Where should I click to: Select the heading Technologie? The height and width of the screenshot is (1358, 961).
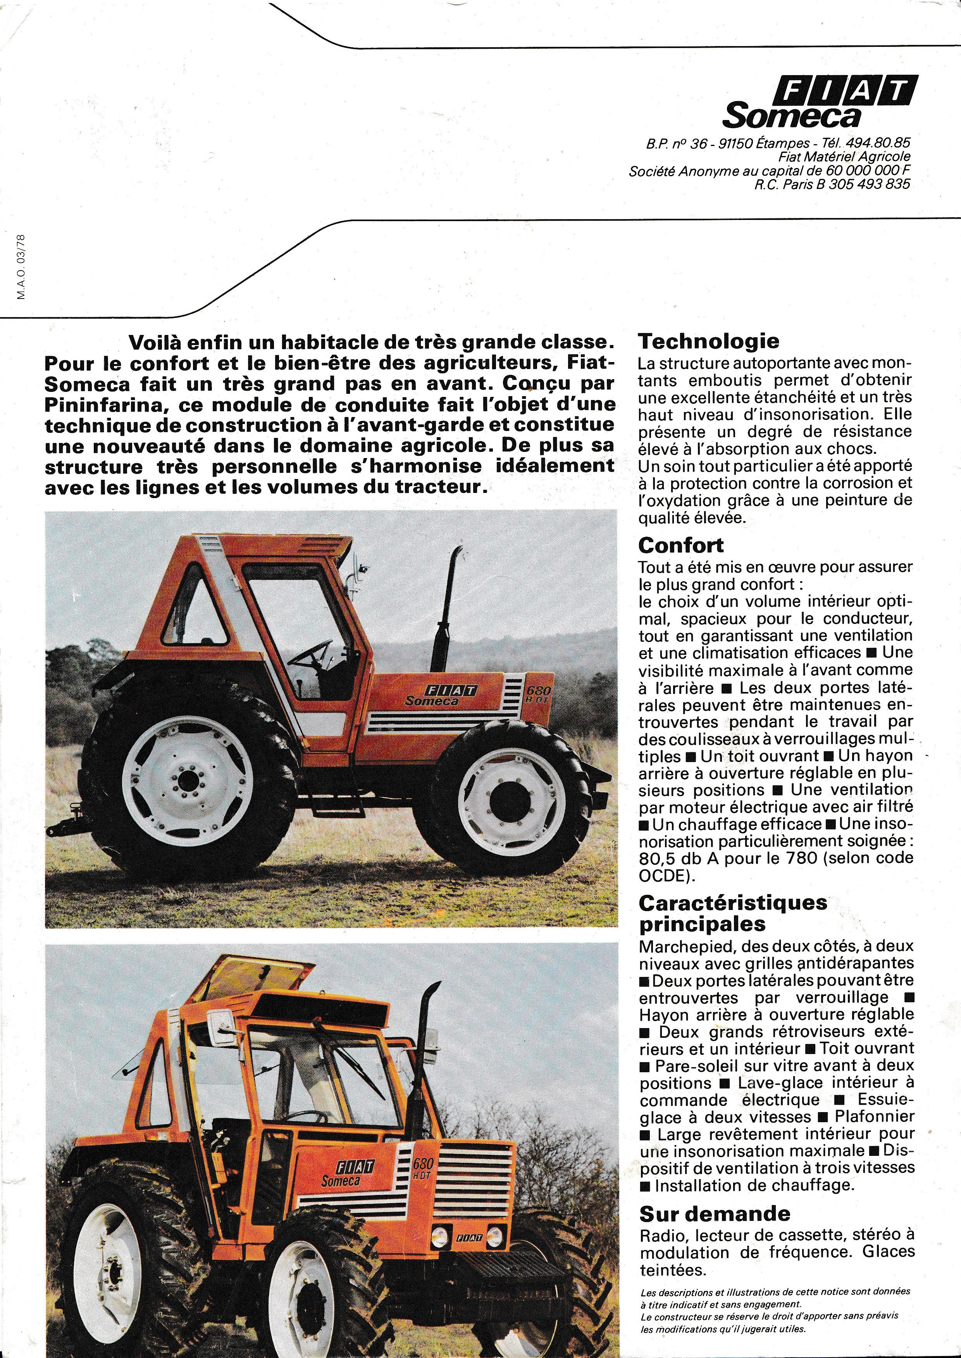[709, 341]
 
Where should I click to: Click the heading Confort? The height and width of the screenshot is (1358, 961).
[681, 545]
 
